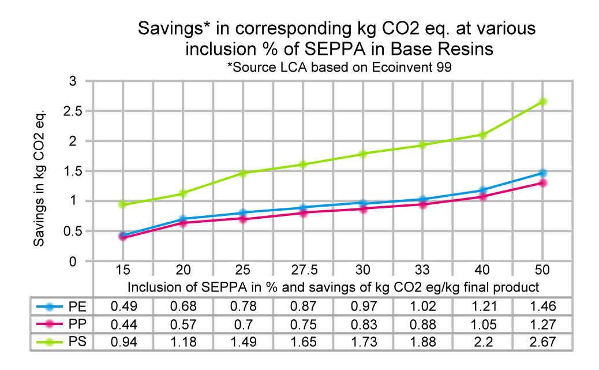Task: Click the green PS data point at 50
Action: (x=542, y=102)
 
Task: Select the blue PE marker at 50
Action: (x=542, y=173)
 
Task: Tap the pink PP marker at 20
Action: (x=183, y=223)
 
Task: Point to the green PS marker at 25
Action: (x=243, y=173)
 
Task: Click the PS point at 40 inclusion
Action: (x=483, y=134)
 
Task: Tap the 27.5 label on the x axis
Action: (x=303, y=270)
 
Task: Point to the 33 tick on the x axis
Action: (x=423, y=270)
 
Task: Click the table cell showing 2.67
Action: (x=542, y=342)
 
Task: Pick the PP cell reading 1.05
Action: (x=483, y=324)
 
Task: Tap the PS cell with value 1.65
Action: (x=303, y=342)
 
